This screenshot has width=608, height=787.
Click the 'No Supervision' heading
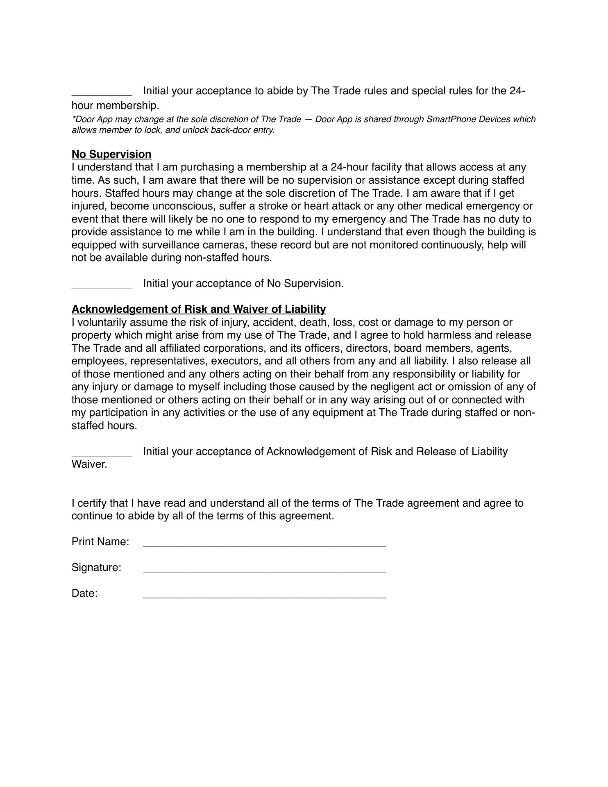point(111,154)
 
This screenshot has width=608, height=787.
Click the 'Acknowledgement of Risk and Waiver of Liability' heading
point(199,309)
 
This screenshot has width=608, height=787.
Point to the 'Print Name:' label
point(100,541)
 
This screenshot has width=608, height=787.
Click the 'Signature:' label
point(96,567)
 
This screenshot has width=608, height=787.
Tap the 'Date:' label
point(84,593)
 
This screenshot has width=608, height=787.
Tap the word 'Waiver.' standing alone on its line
point(89,464)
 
